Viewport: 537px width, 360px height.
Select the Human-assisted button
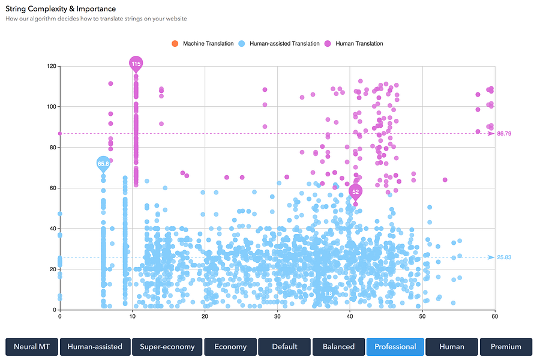point(95,346)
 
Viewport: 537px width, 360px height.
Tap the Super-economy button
point(167,346)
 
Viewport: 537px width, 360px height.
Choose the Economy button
point(230,346)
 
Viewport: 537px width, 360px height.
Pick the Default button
point(284,346)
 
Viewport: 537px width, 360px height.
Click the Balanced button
point(338,346)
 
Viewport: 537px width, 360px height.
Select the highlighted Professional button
point(395,346)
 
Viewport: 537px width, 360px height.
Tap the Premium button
point(506,346)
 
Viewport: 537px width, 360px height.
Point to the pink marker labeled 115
point(136,64)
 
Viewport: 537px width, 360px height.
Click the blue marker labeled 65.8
point(103,163)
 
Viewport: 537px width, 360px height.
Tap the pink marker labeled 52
point(356,192)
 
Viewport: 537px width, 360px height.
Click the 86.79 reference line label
point(505,133)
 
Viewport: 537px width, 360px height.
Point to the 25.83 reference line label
point(505,257)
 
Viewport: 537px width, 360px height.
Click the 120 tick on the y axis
point(51,66)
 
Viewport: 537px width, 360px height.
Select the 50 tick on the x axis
point(422,316)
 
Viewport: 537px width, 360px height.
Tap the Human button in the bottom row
point(452,346)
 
